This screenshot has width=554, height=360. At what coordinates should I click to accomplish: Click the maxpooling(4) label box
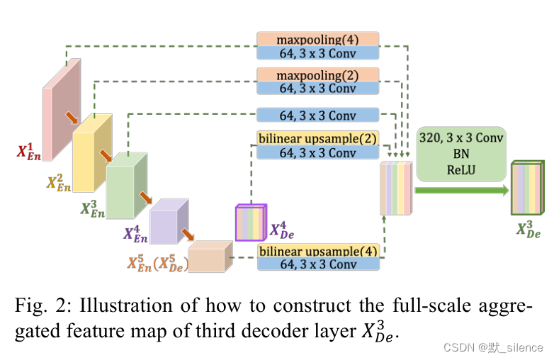point(317,38)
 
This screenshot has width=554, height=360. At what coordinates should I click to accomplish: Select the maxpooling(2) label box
point(317,74)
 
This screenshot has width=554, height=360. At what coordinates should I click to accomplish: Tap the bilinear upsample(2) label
point(317,137)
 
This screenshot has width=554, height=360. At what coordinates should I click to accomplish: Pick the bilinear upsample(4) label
point(317,251)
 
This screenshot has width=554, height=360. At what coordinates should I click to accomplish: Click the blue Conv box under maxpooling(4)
point(317,52)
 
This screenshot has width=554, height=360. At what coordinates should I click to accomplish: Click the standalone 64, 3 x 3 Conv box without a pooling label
point(317,115)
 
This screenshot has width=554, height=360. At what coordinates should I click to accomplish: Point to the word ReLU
point(460,170)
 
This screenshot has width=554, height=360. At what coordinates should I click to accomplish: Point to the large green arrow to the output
point(460,190)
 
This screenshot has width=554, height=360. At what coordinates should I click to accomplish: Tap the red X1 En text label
point(30,150)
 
